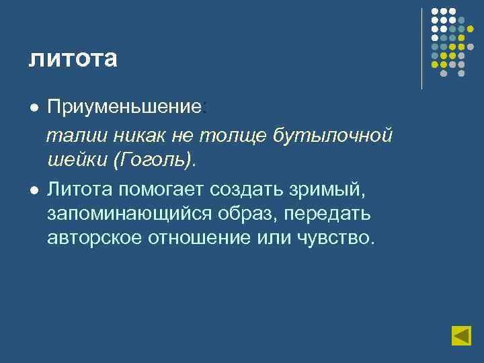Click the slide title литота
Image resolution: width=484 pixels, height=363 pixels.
click(73, 58)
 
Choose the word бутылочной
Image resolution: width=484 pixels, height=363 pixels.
click(333, 136)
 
